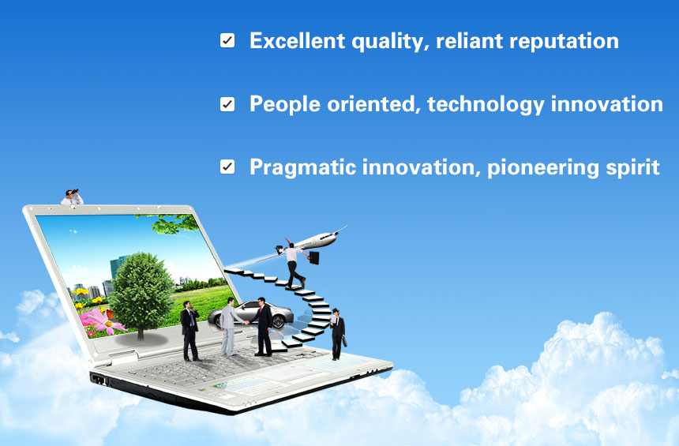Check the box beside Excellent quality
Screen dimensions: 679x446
click(227, 41)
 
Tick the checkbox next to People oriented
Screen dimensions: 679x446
click(227, 104)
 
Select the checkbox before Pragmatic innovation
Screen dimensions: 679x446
click(227, 167)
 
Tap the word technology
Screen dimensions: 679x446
click(486, 105)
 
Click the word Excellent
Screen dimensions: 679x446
click(298, 41)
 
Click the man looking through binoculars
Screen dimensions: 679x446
click(72, 197)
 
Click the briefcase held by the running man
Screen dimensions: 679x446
click(314, 258)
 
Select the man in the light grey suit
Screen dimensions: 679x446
click(228, 327)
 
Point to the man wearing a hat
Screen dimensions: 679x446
click(337, 334)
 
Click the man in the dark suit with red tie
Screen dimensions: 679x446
click(262, 327)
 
